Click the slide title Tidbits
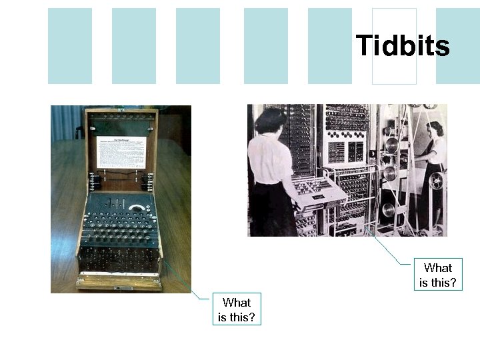403,46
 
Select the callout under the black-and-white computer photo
438,275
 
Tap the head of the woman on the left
269,121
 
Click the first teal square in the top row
70,46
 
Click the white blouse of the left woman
269,160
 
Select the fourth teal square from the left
266,46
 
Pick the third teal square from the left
198,46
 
